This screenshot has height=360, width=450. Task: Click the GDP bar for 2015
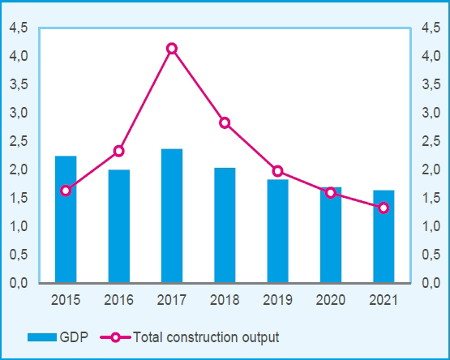coord(66,219)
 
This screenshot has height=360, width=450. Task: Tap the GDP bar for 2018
coord(225,225)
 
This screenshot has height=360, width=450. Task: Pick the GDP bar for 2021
coord(384,236)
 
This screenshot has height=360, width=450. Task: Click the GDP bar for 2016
coord(119,226)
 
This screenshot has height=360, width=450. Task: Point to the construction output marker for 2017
coord(172,49)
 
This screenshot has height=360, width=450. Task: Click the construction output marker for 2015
coord(66,191)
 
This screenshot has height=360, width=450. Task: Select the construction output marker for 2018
coord(225,122)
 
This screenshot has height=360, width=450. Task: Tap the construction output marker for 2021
coord(384,208)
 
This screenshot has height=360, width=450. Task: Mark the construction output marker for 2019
coord(277,171)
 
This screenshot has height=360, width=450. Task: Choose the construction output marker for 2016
coord(119,151)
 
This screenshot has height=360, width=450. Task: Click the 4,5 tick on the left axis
coord(18,28)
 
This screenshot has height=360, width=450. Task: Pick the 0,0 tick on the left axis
coord(18,283)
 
